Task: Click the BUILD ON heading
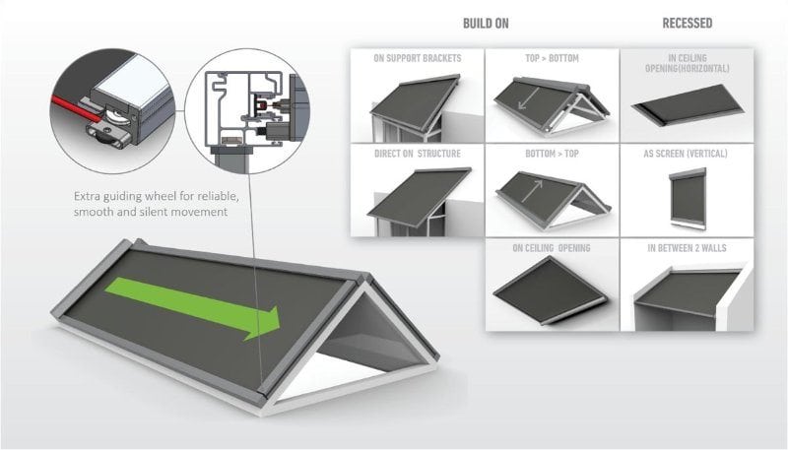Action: [x=486, y=24]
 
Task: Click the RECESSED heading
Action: [x=687, y=23]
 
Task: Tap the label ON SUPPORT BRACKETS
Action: [x=417, y=58]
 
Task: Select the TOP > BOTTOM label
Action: [x=552, y=58]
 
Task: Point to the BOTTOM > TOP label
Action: [x=552, y=154]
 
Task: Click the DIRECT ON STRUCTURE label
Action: [x=417, y=154]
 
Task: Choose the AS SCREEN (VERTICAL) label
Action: [x=686, y=154]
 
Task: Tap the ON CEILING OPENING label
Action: [x=552, y=247]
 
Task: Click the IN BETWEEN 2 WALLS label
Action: [x=687, y=247]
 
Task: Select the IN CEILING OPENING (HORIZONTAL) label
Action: [x=687, y=63]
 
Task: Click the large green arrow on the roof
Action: [x=192, y=307]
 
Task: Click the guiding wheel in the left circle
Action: [x=117, y=121]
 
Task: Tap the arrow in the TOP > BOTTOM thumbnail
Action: [x=529, y=98]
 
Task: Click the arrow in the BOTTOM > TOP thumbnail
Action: [x=532, y=191]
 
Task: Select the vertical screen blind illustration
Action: [x=688, y=198]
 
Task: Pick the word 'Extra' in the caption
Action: [x=87, y=196]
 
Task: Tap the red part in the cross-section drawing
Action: [x=262, y=105]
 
